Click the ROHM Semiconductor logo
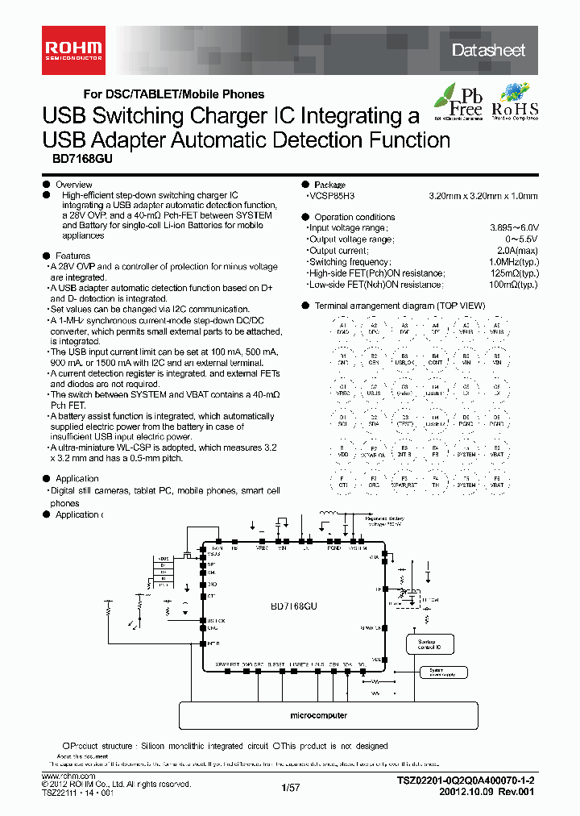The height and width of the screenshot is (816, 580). point(72,49)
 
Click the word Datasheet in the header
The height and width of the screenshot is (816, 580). point(488,50)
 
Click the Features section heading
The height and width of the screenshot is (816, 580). point(72,256)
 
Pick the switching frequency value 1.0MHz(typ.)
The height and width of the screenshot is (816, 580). point(513,262)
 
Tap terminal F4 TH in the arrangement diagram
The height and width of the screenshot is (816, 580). point(435,481)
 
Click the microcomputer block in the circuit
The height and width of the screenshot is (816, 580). point(319,715)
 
